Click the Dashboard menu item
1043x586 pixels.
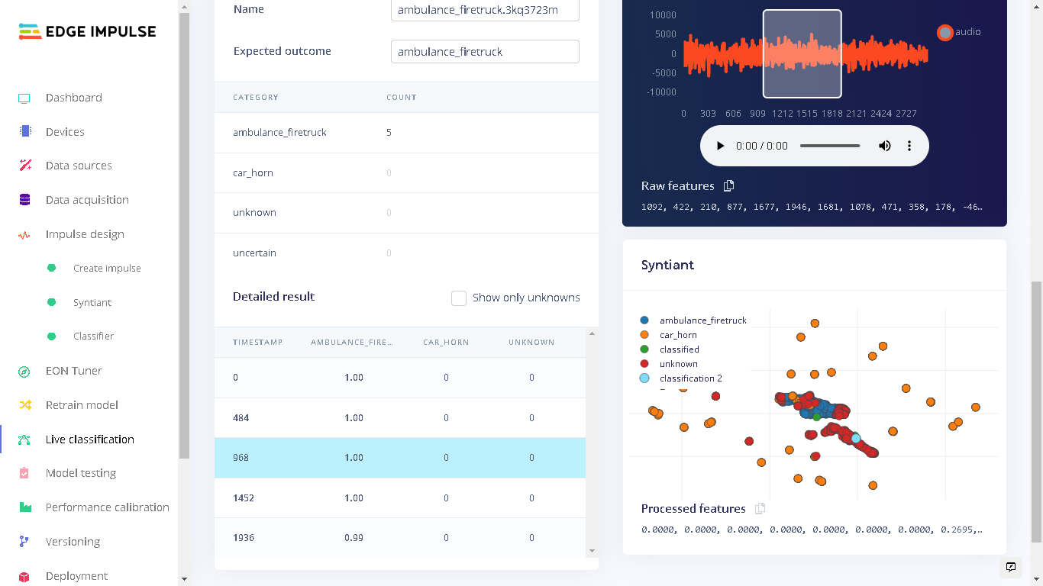[73, 98]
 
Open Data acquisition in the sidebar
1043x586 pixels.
[86, 200]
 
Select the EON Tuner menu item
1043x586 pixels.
[73, 371]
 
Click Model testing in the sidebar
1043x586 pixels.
[80, 473]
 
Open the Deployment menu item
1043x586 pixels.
[76, 576]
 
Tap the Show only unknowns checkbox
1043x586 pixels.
[459, 298]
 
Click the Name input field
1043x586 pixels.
[484, 10]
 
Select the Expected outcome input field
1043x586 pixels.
[484, 52]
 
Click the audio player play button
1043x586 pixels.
[719, 146]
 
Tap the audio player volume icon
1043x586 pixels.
[885, 146]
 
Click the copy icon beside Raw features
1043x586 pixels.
[728, 186]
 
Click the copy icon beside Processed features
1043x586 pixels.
[760, 509]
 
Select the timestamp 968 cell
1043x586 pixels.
[241, 458]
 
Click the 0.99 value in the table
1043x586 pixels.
[354, 538]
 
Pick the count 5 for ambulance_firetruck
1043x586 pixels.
[389, 133]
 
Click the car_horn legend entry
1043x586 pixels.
[678, 335]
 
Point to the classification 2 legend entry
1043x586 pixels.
[690, 378]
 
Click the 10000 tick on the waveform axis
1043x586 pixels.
[663, 15]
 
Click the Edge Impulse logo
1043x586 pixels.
[87, 31]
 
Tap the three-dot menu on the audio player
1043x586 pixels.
[909, 146]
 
